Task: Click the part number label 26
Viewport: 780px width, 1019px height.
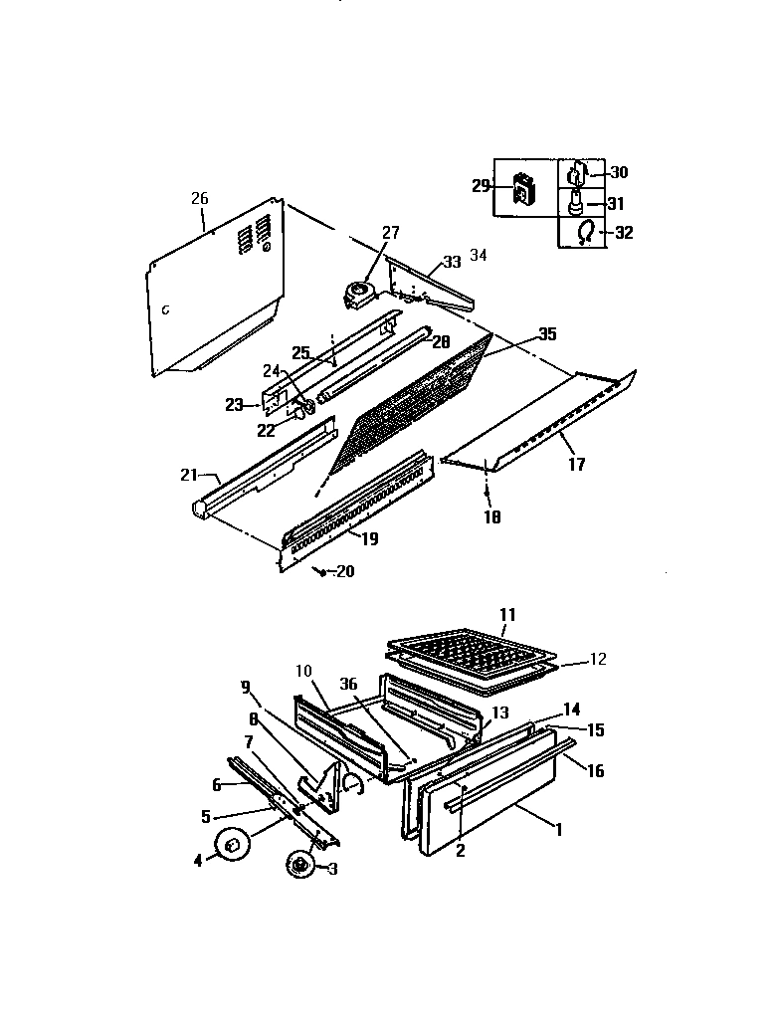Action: coord(200,198)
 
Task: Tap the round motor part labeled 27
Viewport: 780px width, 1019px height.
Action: coord(356,291)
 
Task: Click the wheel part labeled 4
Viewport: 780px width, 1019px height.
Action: coord(233,846)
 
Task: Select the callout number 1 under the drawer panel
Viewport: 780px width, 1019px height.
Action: coord(558,828)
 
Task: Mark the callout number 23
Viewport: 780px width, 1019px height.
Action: coord(234,405)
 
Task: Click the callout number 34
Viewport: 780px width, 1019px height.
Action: coord(479,256)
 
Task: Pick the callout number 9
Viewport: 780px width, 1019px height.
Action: coord(245,686)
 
